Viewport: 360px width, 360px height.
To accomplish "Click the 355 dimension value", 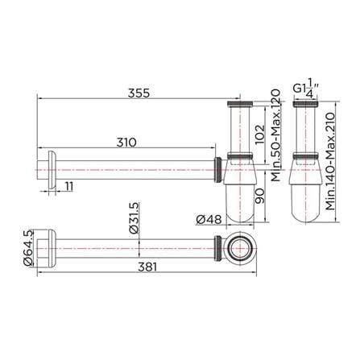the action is coord(139,93).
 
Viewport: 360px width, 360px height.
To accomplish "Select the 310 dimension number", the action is coord(126,143).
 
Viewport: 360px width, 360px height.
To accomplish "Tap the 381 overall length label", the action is coord(147,267).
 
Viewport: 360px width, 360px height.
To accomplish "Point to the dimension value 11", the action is coord(69,186).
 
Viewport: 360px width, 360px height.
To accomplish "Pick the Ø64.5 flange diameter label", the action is coord(27,248).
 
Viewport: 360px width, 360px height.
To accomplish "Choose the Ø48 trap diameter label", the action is coord(209,220).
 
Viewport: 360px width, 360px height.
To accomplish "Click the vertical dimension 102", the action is coord(259,134).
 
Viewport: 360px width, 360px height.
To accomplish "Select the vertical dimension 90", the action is coord(259,196).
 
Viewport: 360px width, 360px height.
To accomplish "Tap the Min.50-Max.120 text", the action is coord(275,135).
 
